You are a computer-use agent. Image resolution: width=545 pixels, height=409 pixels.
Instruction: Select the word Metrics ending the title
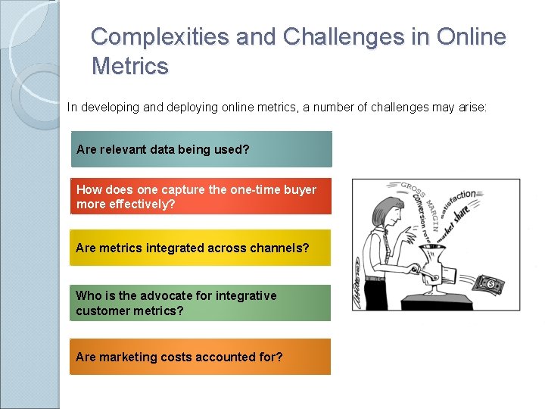[x=129, y=67]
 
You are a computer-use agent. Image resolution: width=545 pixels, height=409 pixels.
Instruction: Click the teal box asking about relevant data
[x=201, y=149]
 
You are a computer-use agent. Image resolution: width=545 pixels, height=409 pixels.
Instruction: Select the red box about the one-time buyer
[x=201, y=197]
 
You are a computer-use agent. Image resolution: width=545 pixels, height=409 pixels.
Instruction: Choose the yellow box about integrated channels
[x=201, y=248]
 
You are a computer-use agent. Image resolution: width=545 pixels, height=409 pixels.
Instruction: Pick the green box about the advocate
[x=201, y=303]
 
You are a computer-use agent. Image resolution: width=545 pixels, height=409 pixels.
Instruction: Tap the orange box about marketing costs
[x=201, y=357]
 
